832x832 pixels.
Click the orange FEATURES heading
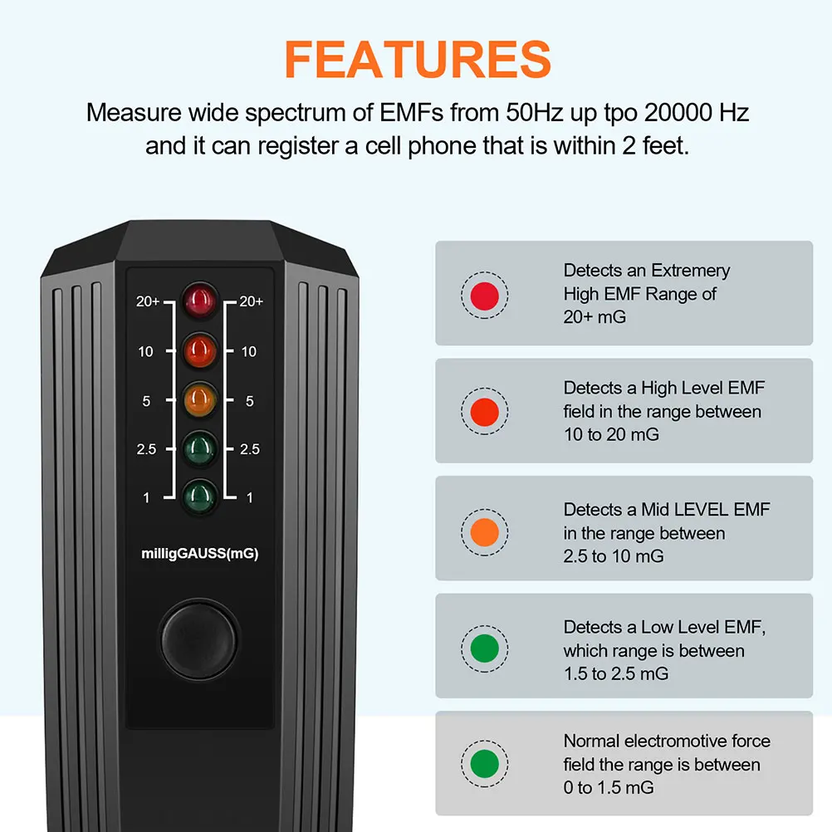[x=418, y=58]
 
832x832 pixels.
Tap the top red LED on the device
[x=200, y=301]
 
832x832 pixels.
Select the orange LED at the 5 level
[x=200, y=399]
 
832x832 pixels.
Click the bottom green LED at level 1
[x=200, y=496]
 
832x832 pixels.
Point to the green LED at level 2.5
[x=200, y=448]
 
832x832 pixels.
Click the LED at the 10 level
[x=200, y=350]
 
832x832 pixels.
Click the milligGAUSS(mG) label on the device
[x=200, y=554]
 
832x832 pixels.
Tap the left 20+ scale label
[x=148, y=302]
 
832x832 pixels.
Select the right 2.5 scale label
[x=249, y=449]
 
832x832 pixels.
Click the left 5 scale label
[x=146, y=401]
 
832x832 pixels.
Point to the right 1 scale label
[x=250, y=497]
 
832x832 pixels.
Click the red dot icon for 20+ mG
[x=484, y=294]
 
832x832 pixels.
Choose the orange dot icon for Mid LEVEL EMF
[x=484, y=532]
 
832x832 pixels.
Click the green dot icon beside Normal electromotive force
[x=484, y=763]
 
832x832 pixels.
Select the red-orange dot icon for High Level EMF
[x=484, y=411]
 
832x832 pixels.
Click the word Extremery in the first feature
[x=690, y=271]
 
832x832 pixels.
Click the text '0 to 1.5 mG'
[x=609, y=787]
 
